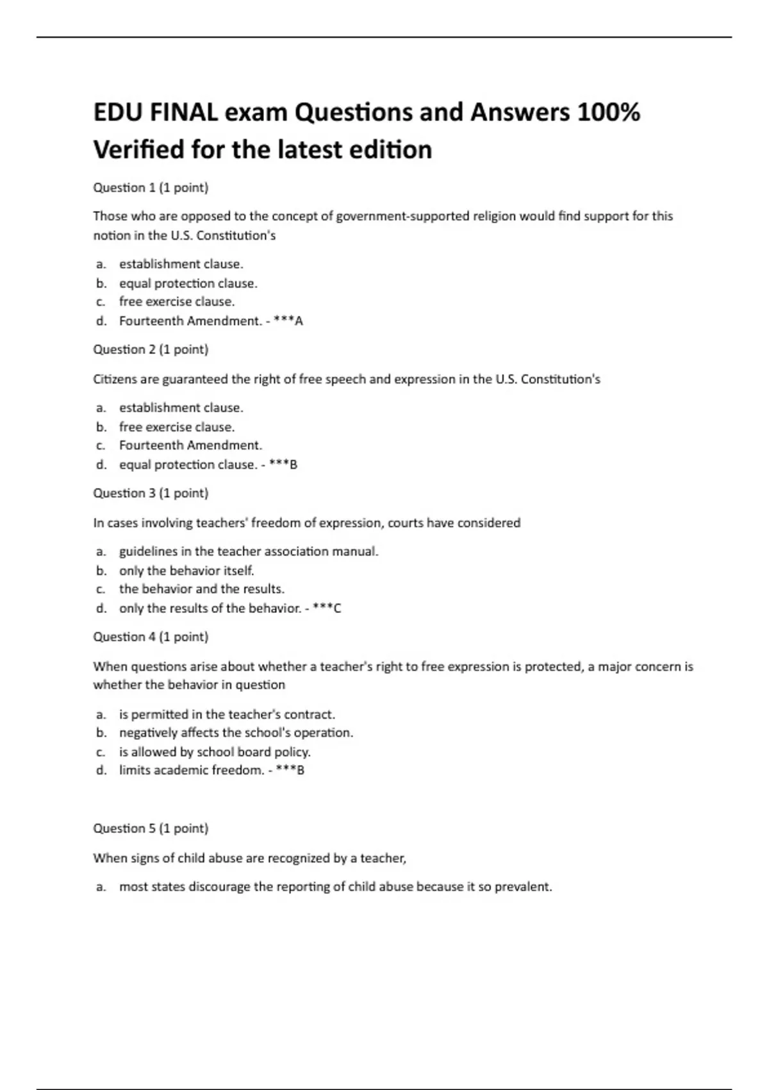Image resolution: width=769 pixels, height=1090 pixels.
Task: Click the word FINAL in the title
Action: coord(183,113)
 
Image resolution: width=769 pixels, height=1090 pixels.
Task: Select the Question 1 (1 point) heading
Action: coord(151,188)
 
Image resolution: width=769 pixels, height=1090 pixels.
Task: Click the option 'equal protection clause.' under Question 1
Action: coord(188,283)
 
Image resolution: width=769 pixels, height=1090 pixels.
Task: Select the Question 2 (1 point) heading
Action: coord(151,349)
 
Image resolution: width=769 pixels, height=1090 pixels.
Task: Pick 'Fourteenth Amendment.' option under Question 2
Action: coord(190,446)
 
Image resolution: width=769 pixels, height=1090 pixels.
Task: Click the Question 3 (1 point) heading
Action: coord(151,493)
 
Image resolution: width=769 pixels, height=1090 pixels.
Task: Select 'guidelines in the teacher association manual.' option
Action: coord(249,551)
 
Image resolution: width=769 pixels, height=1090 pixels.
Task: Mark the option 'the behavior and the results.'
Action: coord(201,589)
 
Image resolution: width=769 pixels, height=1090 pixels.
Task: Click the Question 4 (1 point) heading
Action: coord(151,637)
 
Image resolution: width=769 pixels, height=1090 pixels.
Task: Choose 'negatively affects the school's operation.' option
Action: coord(236,733)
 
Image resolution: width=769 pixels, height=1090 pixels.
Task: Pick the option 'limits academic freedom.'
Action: coord(192,771)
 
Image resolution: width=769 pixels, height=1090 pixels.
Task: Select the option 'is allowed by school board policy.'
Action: coord(215,752)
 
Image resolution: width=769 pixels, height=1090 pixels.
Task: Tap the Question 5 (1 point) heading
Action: coord(151,828)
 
